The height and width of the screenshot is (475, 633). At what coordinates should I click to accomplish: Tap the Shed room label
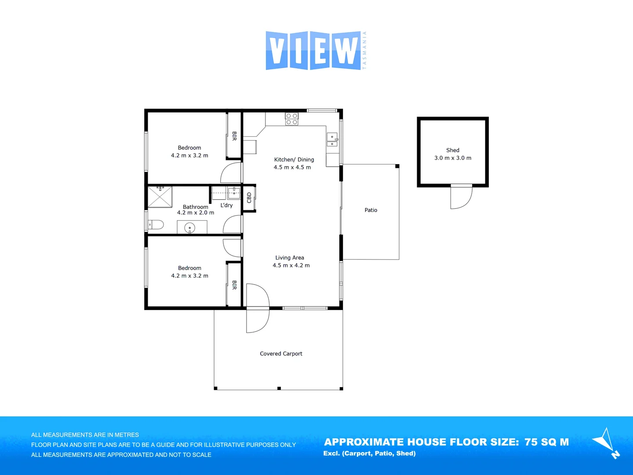tap(452, 150)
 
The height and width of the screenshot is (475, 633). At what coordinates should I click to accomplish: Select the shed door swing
tap(461, 197)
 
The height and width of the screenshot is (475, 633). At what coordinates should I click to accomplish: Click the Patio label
tap(371, 210)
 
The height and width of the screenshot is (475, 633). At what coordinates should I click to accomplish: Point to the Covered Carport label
tap(281, 354)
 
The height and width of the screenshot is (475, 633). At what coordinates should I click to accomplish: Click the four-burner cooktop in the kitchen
tap(291, 119)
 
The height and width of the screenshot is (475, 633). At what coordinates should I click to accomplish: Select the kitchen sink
tap(332, 140)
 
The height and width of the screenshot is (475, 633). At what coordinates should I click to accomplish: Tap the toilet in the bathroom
tap(156, 225)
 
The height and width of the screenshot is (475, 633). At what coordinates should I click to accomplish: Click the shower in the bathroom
tap(160, 197)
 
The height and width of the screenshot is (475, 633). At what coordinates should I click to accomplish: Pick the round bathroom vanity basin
tap(189, 228)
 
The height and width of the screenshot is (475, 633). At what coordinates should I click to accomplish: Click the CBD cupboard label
tap(249, 198)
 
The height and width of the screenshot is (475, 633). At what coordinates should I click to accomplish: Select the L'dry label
tap(226, 205)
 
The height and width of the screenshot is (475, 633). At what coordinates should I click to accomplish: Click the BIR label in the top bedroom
tap(234, 136)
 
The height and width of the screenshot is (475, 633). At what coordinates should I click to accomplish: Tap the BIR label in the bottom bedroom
tap(234, 285)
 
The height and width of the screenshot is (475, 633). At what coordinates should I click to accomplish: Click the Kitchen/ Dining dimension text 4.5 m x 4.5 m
tap(292, 168)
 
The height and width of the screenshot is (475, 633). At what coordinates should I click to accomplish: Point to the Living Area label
tap(290, 258)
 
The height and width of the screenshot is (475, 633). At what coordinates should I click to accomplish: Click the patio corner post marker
tap(397, 166)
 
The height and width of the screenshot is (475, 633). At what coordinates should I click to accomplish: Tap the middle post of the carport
tap(279, 388)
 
